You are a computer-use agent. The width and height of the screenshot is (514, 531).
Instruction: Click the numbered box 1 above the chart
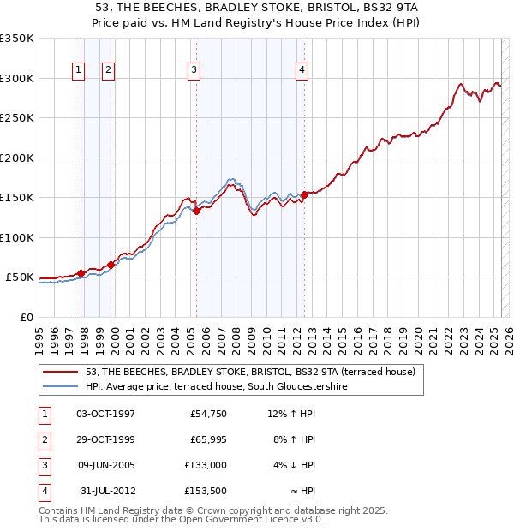79,70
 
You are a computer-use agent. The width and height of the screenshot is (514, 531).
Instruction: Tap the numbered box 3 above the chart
194,70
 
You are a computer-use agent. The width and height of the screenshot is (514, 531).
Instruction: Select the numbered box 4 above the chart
302,70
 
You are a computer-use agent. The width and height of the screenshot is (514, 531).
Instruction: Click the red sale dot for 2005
196,211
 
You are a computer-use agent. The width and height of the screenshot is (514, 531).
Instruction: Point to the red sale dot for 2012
304,194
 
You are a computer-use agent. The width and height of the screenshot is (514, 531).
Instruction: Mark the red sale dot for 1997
81,273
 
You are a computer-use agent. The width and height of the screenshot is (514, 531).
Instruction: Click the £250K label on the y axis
17,117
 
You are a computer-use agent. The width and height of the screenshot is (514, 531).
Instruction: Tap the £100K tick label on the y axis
17,237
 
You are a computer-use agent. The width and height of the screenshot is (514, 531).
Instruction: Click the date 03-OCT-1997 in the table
106,415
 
